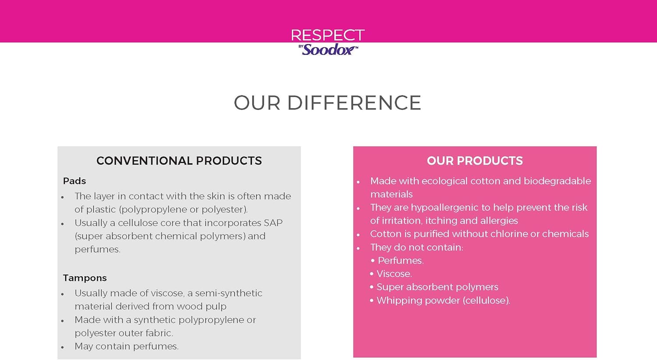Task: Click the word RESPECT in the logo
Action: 328,35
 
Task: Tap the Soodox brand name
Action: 328,50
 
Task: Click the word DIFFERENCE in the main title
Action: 354,102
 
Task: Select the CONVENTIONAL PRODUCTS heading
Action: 179,161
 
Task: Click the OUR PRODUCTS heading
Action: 474,161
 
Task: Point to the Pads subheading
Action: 74,181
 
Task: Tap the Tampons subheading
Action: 85,278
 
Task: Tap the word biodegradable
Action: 557,181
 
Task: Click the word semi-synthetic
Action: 229,293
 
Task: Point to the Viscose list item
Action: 394,274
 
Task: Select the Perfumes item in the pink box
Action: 401,261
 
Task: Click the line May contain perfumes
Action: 127,346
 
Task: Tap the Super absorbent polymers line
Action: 437,287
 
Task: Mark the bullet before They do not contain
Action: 358,248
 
